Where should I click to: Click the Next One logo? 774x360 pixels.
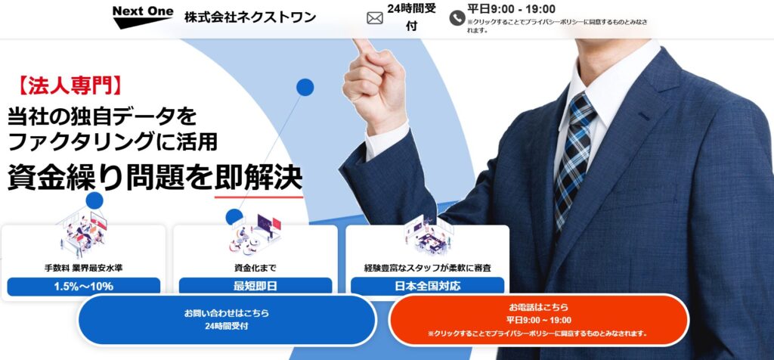143,17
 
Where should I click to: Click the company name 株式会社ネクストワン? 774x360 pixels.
250,17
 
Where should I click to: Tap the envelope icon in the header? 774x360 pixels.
375,18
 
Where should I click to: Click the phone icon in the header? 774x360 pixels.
457,18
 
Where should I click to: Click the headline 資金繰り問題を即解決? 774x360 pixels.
154,178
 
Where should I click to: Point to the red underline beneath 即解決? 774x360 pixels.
259,197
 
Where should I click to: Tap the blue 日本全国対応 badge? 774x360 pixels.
428,285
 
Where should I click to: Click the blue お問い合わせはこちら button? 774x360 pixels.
227,319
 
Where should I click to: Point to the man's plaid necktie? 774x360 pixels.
574,158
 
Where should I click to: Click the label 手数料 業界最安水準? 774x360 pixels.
83,268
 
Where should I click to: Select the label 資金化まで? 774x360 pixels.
255,268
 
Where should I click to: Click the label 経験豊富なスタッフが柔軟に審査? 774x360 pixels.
428,268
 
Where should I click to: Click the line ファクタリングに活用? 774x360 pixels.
113,142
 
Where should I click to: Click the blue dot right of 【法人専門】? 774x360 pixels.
305,88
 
